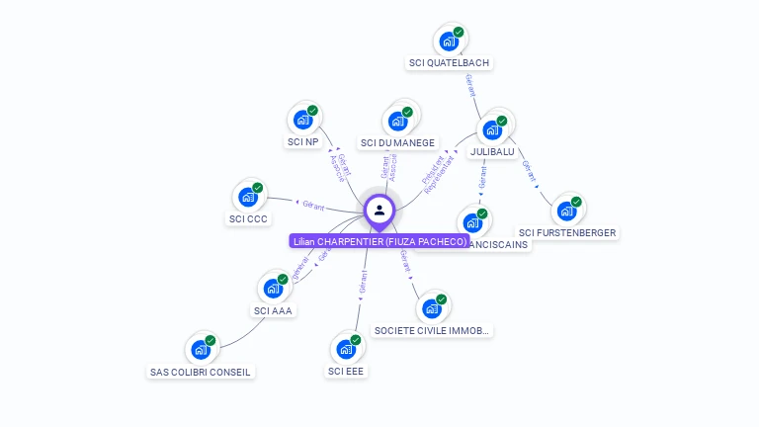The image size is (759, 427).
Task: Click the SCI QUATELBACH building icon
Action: click(x=449, y=42)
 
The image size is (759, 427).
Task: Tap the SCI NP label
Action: click(x=303, y=142)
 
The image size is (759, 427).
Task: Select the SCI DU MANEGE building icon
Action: click(x=398, y=121)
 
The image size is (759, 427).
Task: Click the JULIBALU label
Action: click(x=491, y=151)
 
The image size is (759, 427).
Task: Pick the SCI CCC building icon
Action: click(x=248, y=197)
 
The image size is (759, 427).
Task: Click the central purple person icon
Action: click(x=379, y=211)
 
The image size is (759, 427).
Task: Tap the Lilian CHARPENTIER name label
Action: click(x=379, y=241)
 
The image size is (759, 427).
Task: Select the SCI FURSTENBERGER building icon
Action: click(x=566, y=211)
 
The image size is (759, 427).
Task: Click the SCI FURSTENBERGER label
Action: click(x=567, y=233)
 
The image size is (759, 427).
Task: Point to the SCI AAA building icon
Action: click(x=273, y=289)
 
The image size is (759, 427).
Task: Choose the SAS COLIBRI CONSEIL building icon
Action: click(x=201, y=350)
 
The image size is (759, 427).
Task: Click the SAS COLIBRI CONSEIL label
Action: click(x=201, y=373)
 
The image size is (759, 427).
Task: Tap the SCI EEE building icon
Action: click(x=346, y=349)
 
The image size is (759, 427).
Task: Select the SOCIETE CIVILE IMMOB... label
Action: click(x=432, y=330)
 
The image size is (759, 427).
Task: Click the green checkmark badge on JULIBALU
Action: click(x=502, y=121)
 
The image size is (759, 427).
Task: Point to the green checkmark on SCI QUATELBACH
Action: click(x=459, y=32)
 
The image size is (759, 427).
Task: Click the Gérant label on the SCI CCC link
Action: click(x=313, y=206)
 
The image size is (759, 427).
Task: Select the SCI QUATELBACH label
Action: click(x=449, y=63)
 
